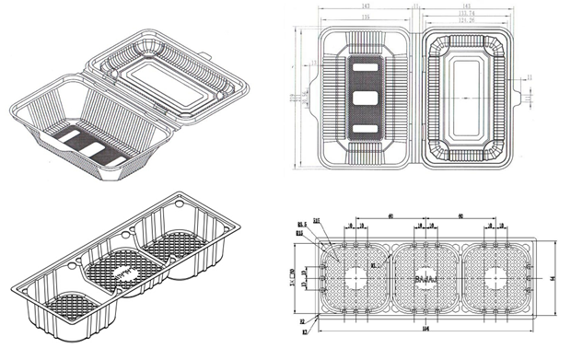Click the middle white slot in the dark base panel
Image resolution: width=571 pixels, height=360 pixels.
click(366, 98)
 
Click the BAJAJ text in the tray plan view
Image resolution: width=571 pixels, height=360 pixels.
click(426, 276)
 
